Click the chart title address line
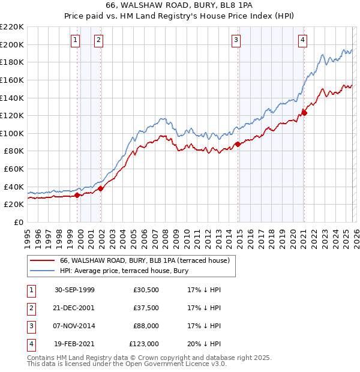coord(180,7)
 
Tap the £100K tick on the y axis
coord(12,133)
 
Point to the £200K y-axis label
coord(12,44)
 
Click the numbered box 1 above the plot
coord(75,40)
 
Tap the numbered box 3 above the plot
coord(236,40)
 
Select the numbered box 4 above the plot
coord(302,40)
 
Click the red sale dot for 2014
coord(238,144)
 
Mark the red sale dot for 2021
coord(304,113)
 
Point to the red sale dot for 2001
coord(101,188)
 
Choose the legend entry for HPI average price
coord(124,271)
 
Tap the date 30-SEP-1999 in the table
coord(74,290)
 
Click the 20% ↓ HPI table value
coord(204,344)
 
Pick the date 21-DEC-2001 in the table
coord(74,308)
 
